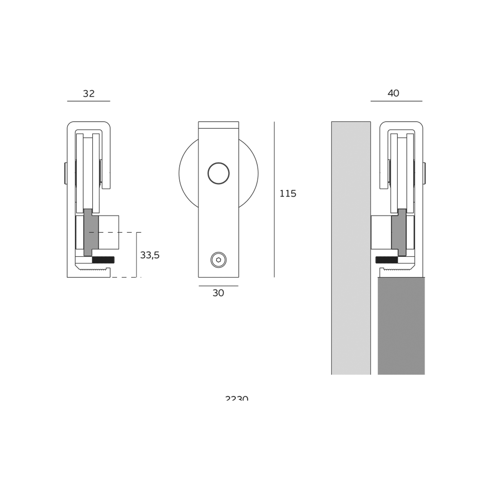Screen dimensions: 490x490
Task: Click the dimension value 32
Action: point(89,94)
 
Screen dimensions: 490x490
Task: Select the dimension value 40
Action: point(393,93)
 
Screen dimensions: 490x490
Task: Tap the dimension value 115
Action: point(288,194)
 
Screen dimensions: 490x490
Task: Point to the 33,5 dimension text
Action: point(149,255)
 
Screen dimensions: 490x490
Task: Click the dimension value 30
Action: point(218,293)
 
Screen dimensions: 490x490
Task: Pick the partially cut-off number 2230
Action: point(237,398)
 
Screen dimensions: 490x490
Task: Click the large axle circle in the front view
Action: point(218,173)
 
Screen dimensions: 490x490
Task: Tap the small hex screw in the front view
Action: point(218,260)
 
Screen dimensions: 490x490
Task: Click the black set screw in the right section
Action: point(386,260)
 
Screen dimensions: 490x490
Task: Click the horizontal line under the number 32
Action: point(89,101)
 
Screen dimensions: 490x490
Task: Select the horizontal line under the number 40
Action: point(396,101)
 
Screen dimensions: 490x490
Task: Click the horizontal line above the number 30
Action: point(218,286)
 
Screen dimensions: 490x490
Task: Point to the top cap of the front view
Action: point(218,125)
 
